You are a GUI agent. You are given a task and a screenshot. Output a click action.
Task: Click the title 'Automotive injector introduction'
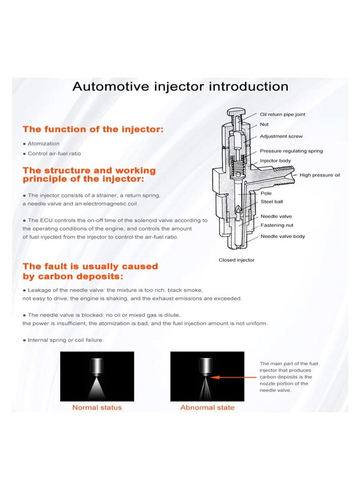click(180, 86)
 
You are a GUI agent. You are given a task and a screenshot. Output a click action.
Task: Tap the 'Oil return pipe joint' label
click(282, 114)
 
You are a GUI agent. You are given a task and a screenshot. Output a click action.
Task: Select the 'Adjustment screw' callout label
click(281, 136)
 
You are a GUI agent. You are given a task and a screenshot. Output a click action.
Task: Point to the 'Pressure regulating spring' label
click(291, 151)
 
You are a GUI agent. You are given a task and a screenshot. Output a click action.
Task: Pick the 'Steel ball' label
click(271, 202)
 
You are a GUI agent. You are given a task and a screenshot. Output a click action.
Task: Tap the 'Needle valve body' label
click(282, 236)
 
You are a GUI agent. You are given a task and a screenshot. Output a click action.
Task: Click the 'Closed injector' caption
click(236, 260)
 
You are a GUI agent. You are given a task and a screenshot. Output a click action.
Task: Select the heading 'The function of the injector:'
click(93, 130)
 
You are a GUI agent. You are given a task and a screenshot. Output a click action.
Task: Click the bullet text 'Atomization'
click(44, 144)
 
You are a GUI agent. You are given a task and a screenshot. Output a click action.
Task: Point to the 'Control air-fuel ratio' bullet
click(54, 153)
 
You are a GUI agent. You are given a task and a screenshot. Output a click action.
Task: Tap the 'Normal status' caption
click(97, 407)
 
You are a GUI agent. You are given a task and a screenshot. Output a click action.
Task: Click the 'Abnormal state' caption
click(207, 407)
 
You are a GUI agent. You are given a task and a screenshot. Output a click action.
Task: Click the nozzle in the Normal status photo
click(97, 365)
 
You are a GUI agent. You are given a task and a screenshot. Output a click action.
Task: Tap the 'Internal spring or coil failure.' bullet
click(66, 340)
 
